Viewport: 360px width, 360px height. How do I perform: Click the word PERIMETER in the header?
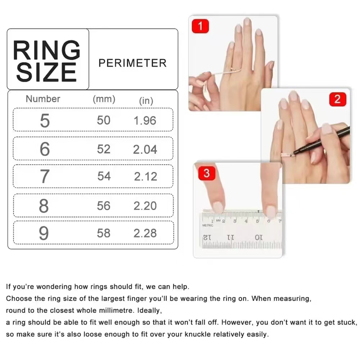[x=132, y=63]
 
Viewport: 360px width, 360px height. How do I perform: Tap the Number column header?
[x=43, y=99]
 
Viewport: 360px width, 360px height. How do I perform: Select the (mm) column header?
[x=104, y=99]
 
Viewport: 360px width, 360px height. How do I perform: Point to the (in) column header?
[x=146, y=101]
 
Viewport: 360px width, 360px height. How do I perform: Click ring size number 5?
[x=45, y=121]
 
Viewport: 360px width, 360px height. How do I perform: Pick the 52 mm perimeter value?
[x=104, y=149]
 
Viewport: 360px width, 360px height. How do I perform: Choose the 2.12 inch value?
[x=145, y=176]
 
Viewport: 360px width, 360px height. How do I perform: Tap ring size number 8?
[x=44, y=206]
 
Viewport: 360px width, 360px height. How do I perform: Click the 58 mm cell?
[x=104, y=233]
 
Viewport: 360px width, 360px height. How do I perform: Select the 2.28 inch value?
[x=145, y=233]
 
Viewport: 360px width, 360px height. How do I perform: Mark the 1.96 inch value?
[x=145, y=121]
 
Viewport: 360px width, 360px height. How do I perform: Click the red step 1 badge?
[x=200, y=26]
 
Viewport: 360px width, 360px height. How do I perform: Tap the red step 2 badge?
[x=338, y=99]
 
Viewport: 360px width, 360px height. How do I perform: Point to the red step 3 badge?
[x=207, y=173]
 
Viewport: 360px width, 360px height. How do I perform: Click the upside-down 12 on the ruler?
[x=207, y=237]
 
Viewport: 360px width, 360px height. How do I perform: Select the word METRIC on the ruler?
[x=208, y=225]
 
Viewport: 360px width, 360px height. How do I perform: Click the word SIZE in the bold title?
[x=46, y=72]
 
